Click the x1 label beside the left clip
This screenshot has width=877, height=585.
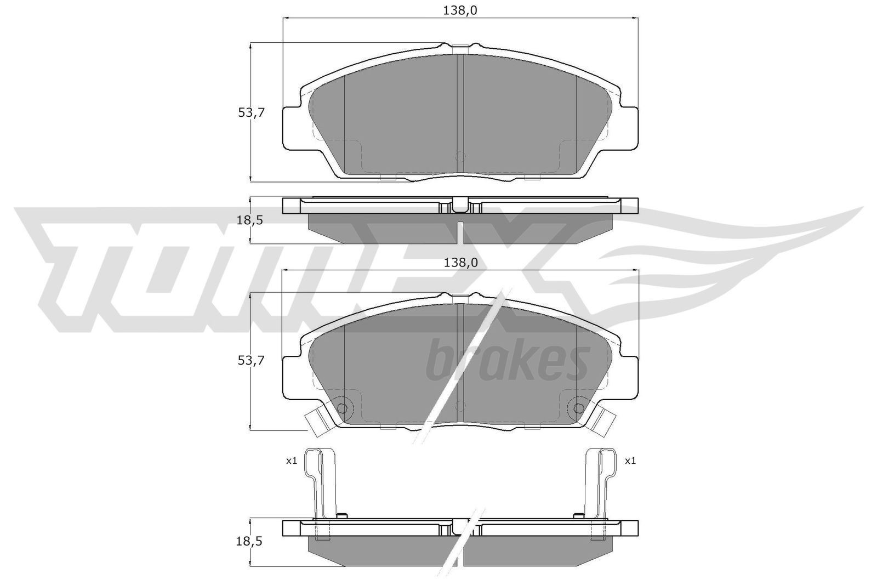[291, 461]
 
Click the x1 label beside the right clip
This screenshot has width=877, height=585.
[630, 461]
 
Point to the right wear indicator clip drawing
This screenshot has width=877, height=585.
[600, 482]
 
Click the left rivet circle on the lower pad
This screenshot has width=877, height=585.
[341, 408]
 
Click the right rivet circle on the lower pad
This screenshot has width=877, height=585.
[578, 408]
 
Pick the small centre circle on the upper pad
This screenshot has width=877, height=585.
[460, 156]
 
